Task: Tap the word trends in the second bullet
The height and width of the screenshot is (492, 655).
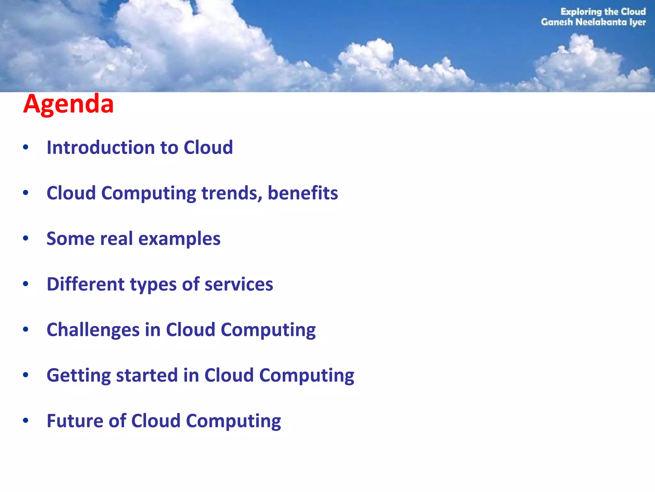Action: point(232,193)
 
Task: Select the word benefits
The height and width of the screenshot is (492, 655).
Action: point(303,193)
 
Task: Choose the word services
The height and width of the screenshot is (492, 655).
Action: point(239,284)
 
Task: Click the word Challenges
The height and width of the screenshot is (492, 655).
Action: point(93,330)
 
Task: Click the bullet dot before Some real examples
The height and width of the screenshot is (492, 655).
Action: point(26,238)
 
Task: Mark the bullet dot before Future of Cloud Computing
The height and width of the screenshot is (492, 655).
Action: point(26,420)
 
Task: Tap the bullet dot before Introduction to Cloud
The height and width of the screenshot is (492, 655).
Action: point(26,147)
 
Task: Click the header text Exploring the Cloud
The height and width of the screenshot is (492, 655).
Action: point(603,12)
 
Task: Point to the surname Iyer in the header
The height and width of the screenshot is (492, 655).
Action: point(637,22)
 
